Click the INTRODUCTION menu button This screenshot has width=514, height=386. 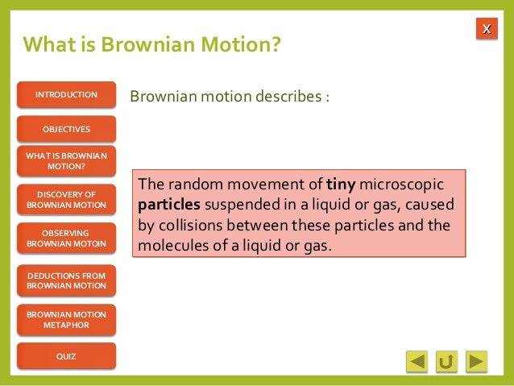click(x=66, y=95)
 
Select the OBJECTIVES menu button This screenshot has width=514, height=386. click(x=66, y=129)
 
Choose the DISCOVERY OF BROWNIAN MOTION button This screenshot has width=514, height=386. click(x=66, y=199)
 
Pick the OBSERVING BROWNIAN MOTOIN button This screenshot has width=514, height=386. click(x=66, y=238)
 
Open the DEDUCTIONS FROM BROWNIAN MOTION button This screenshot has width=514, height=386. click(x=66, y=280)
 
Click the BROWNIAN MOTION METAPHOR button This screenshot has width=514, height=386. click(x=66, y=319)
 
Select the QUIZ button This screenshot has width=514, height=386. click(x=66, y=356)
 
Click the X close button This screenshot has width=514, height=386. click(x=486, y=30)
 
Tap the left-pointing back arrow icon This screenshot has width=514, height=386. click(x=417, y=361)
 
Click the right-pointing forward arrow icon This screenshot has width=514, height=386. click(x=477, y=361)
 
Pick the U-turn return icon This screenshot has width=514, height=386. click(x=446, y=361)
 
